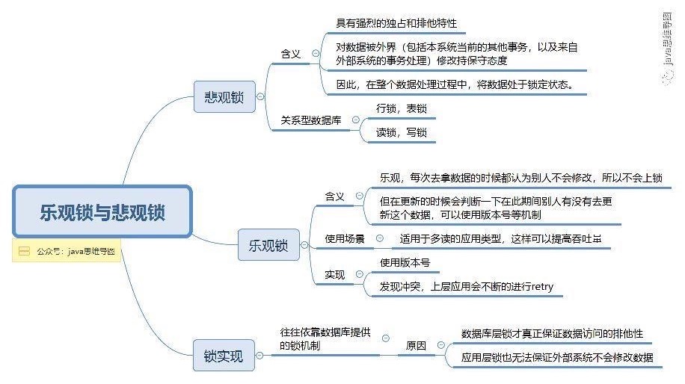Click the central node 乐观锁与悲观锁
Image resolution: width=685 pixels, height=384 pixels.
[102, 212]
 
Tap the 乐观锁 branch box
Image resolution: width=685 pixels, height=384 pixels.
[268, 245]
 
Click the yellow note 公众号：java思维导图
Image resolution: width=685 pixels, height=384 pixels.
[67, 252]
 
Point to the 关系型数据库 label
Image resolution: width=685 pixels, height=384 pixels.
[315, 120]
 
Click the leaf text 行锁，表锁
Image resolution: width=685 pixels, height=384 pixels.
[401, 108]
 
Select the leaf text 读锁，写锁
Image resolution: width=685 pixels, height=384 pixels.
[401, 132]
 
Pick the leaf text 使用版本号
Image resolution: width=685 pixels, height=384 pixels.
[405, 263]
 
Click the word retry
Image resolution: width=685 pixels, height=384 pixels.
[541, 287]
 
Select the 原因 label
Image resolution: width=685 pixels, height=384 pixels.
[416, 346]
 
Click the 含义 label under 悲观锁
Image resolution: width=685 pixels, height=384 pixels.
[291, 54]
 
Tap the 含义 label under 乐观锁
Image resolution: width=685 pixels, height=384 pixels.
[334, 196]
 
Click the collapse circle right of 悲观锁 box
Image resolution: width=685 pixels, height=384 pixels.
[259, 96]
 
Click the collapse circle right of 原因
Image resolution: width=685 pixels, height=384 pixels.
[440, 346]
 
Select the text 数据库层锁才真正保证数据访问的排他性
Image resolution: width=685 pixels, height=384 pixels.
[552, 333]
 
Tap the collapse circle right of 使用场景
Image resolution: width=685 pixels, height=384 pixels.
[379, 238]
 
